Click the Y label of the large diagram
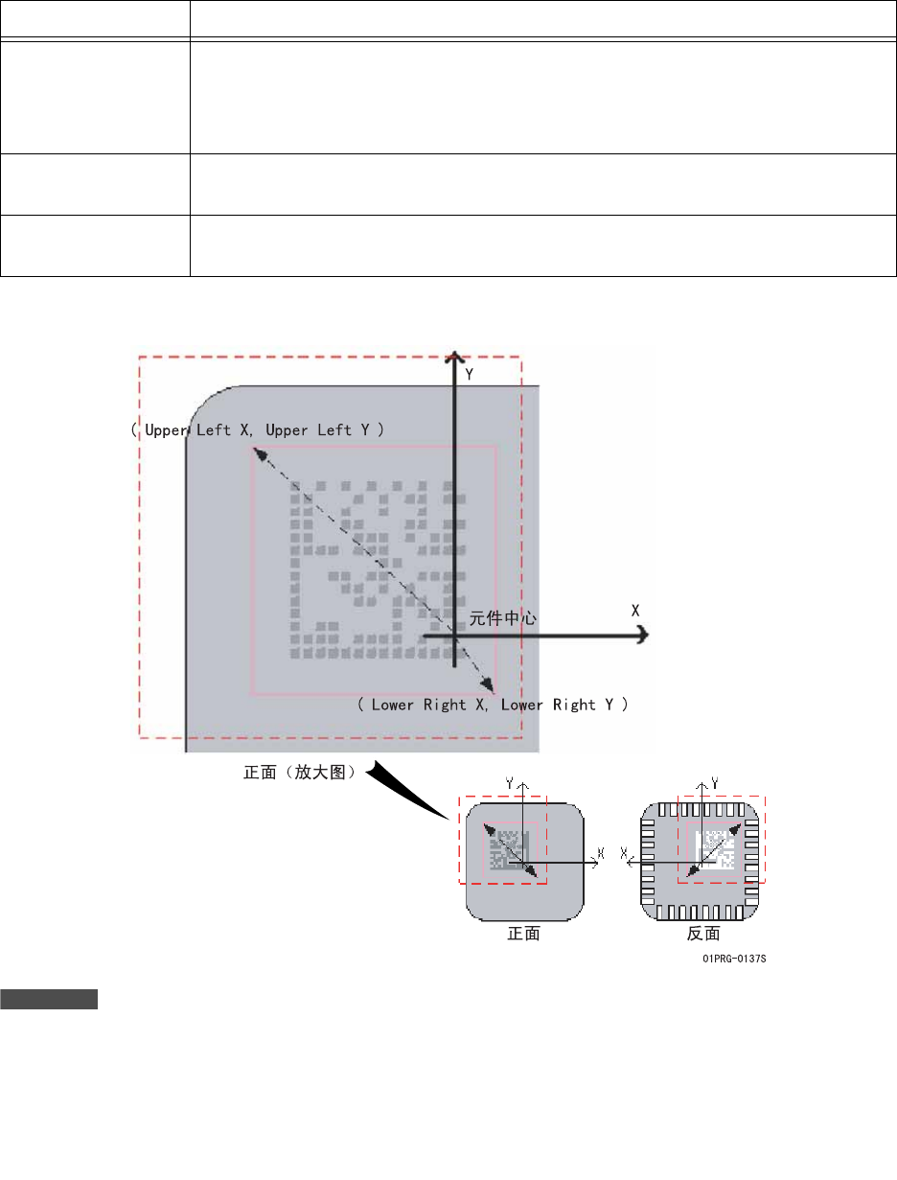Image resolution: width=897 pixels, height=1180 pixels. [470, 375]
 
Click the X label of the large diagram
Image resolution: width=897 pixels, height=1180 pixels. [635, 611]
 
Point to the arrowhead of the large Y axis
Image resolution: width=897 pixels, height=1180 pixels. [454, 358]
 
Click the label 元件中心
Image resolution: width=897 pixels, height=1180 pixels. [502, 618]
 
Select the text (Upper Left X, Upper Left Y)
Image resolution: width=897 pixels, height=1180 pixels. [258, 429]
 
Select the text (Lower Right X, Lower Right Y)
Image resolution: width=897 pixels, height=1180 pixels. [493, 705]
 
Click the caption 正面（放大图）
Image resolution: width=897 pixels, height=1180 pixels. [300, 772]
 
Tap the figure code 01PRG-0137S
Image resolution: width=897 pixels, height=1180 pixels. [734, 959]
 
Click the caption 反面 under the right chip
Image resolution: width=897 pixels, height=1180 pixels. [703, 934]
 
